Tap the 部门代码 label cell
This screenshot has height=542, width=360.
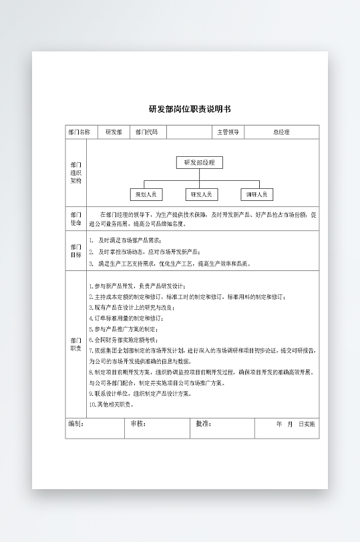146,132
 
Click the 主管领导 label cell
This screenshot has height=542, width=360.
228,132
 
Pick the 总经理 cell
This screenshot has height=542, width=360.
281,132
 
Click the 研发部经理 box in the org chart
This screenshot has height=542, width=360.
199,162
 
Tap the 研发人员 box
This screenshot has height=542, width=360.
201,195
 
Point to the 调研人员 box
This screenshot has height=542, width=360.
256,195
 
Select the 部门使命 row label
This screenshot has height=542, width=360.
75,219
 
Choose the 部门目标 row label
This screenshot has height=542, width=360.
75,250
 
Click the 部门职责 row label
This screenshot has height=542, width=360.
75,344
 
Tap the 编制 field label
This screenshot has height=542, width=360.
75,424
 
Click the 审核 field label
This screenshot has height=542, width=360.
138,424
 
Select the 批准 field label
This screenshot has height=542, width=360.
203,424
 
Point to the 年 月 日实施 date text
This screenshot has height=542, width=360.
295,424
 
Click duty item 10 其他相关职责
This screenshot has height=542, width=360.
112,404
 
